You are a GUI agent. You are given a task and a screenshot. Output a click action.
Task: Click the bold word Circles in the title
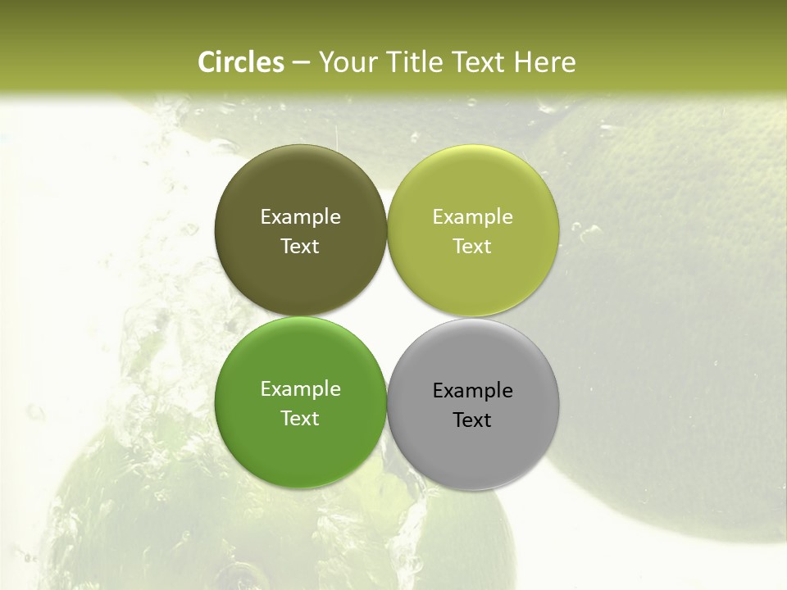(240, 62)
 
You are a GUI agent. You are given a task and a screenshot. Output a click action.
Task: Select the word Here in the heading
(544, 62)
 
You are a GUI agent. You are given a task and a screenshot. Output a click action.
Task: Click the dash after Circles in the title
(301, 63)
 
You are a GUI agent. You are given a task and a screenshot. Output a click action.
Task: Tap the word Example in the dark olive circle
(300, 217)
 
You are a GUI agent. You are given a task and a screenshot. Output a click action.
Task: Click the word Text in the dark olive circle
(300, 247)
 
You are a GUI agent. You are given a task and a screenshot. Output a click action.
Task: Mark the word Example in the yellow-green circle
(472, 217)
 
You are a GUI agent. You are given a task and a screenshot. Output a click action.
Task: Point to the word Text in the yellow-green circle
(472, 247)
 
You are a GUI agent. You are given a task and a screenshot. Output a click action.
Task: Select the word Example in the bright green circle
(300, 389)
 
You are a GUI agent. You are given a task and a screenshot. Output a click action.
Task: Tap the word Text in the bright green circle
(300, 419)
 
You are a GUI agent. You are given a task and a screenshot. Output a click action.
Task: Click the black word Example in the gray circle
(472, 391)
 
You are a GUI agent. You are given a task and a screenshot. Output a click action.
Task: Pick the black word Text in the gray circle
(472, 420)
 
